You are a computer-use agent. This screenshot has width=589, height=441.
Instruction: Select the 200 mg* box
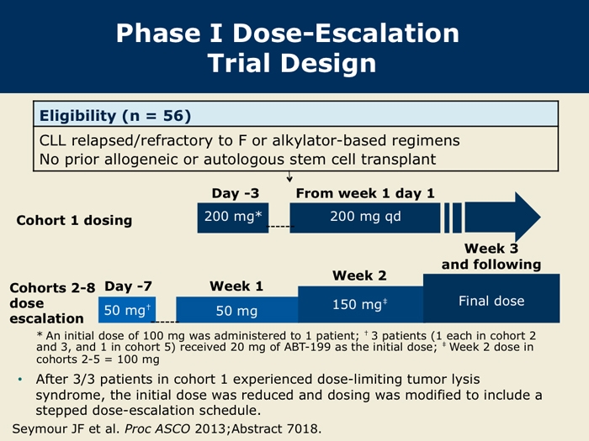(233, 217)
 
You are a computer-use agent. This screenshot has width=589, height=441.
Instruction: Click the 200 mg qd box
(366, 217)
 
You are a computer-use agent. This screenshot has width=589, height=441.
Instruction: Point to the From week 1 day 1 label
(365, 193)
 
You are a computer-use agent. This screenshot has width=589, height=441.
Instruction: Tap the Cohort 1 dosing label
(74, 220)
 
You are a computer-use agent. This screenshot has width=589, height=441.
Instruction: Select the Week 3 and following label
(491, 256)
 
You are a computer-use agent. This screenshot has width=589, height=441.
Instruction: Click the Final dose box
(491, 301)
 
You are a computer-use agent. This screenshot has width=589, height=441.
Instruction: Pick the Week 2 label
(359, 276)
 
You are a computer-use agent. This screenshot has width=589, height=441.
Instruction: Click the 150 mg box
(360, 304)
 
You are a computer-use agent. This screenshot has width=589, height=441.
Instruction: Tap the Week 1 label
(236, 286)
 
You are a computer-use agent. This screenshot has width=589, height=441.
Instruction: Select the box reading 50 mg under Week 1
(236, 311)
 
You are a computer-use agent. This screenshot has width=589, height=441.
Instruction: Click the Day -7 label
(129, 286)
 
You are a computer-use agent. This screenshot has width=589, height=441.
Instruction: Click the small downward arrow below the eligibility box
(289, 176)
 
